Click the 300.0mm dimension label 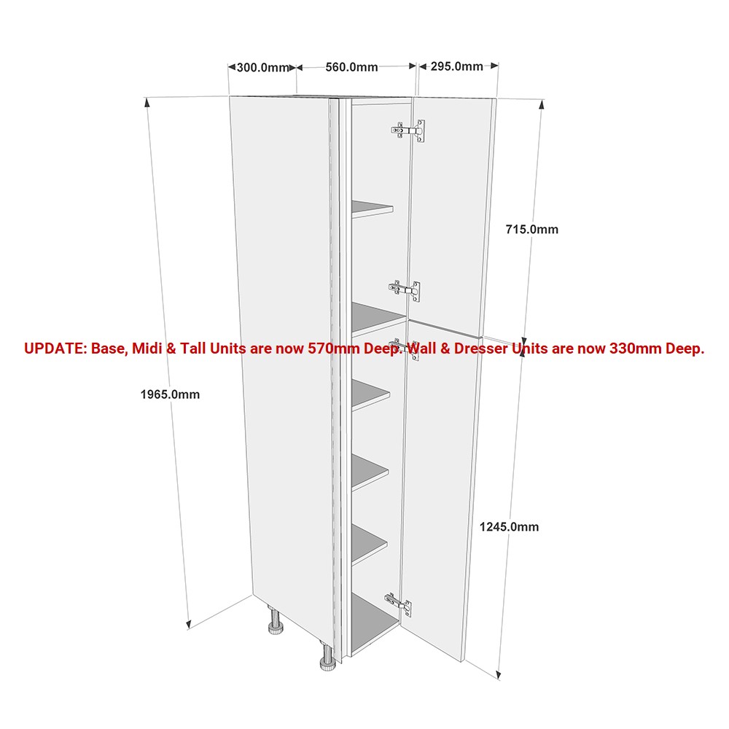[262, 68]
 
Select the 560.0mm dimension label [351, 67]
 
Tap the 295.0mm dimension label [456, 66]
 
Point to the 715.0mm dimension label [532, 229]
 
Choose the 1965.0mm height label [170, 394]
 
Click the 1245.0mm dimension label [509, 527]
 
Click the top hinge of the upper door [408, 130]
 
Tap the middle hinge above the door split [405, 290]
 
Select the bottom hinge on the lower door [399, 605]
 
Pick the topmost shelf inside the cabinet [372, 208]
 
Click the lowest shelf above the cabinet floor [369, 545]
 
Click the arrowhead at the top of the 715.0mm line [541, 104]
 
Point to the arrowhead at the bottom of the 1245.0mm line [499, 674]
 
